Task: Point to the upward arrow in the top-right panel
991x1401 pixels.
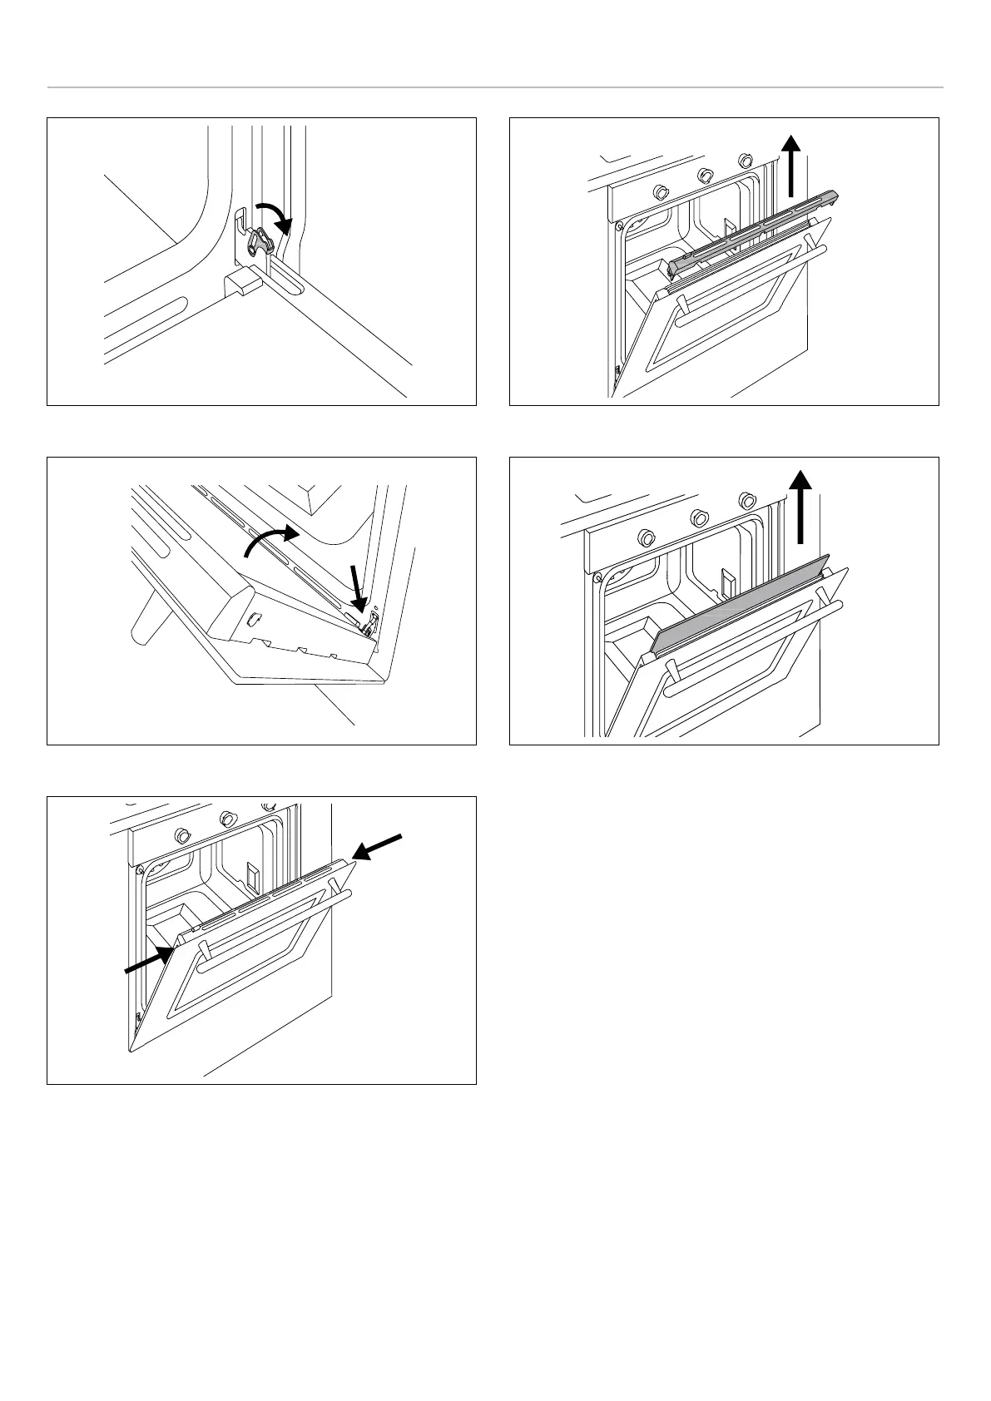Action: pos(792,166)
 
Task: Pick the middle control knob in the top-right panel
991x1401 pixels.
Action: pos(704,176)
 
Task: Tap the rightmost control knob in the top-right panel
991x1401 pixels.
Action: pos(745,160)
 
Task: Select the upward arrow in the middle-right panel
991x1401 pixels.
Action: pos(800,505)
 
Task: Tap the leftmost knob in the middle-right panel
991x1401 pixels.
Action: pos(644,536)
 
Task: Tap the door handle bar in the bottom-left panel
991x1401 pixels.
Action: pos(275,922)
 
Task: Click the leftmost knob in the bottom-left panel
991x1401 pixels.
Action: pos(181,836)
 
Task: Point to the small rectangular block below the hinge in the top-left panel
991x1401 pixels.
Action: pos(241,281)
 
